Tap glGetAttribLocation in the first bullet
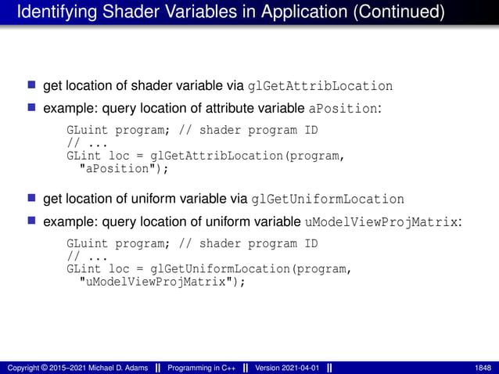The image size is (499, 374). (320, 86)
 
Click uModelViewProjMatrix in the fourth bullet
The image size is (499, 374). (381, 222)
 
